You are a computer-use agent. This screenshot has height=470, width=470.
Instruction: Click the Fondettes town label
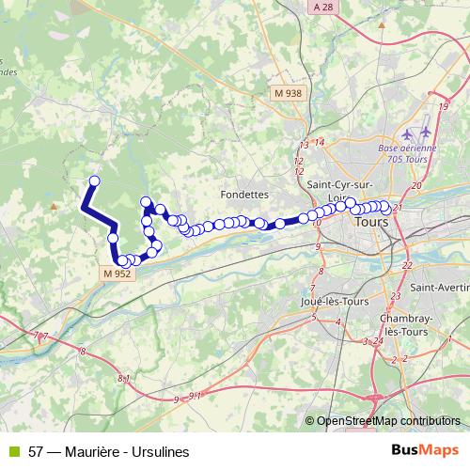click(243, 194)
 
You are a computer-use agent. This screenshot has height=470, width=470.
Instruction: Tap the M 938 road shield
click(289, 93)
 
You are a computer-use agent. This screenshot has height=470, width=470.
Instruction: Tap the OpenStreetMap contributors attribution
click(388, 421)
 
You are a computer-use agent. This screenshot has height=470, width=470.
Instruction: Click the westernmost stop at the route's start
click(93, 181)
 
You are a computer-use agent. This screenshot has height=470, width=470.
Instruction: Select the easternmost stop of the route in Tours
click(385, 208)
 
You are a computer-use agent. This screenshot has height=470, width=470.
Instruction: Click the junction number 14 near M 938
click(320, 142)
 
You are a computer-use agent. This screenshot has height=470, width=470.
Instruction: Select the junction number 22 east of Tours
click(407, 265)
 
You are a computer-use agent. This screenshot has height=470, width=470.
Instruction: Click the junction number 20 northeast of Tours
click(415, 185)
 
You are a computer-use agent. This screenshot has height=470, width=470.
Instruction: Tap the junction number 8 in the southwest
click(84, 352)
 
